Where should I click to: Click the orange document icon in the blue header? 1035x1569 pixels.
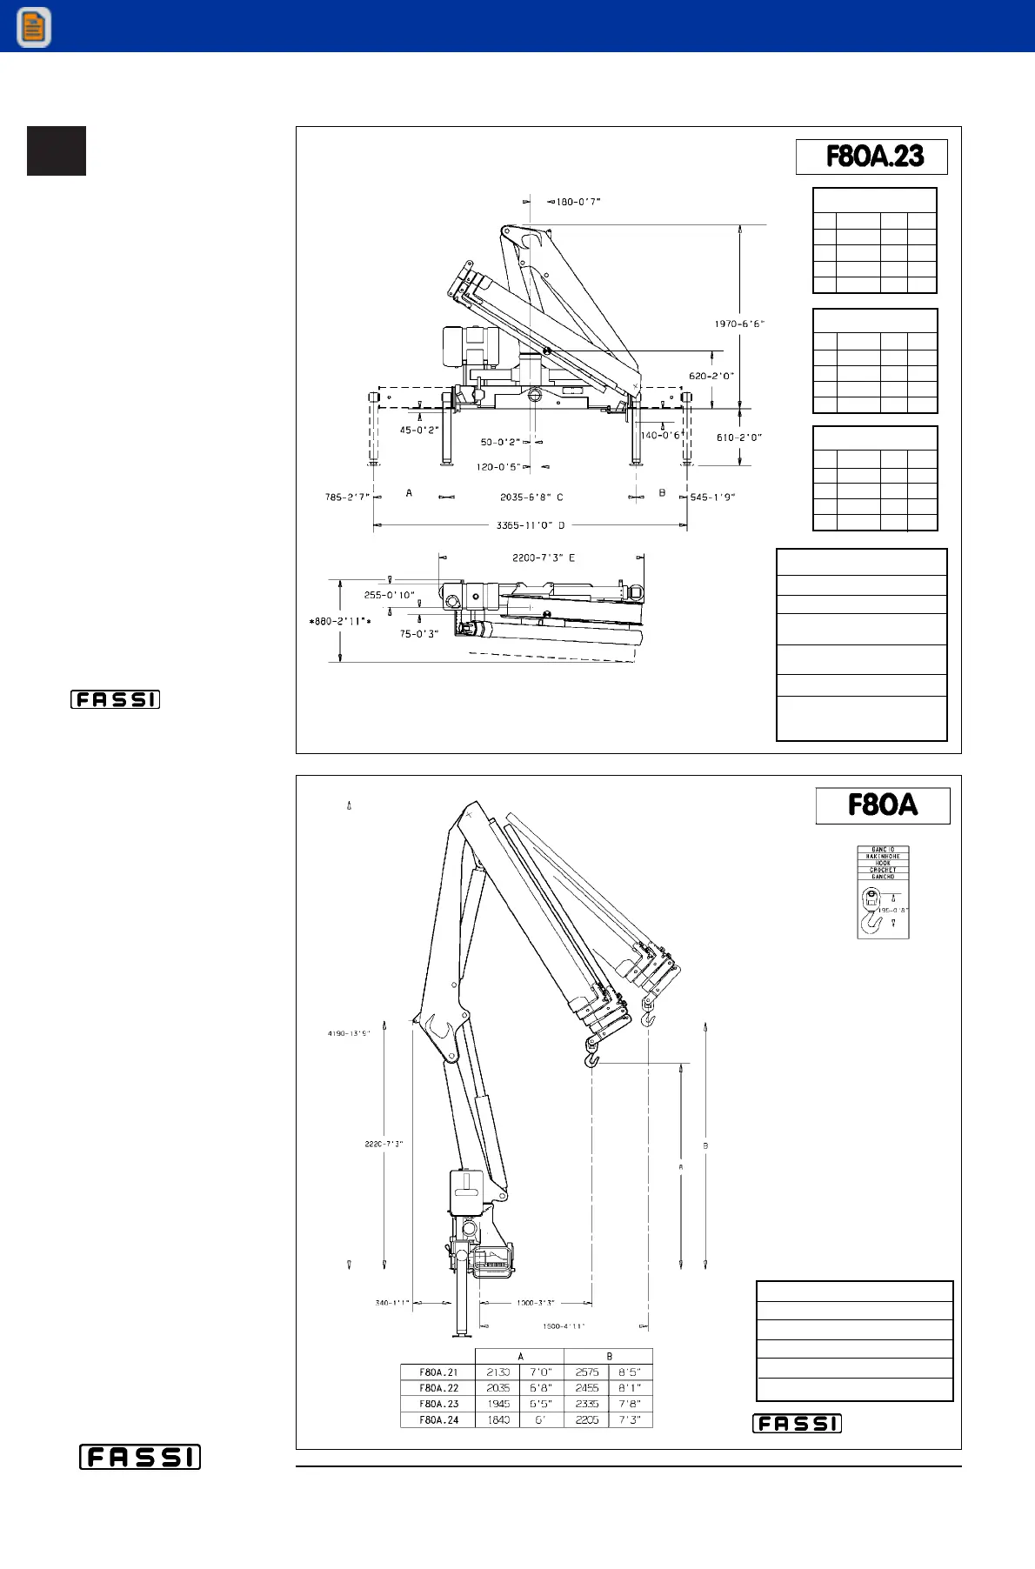pos(33,27)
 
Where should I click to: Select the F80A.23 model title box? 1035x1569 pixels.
pos(871,157)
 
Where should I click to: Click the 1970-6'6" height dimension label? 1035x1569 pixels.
pos(739,324)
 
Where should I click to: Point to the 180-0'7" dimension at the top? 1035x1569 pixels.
pos(578,202)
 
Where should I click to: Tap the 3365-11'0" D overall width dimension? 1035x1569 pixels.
pos(531,525)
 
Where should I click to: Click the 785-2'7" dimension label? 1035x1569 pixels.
pos(347,497)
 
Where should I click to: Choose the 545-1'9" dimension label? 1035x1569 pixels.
pos(712,497)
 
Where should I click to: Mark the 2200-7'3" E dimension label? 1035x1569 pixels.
pos(544,557)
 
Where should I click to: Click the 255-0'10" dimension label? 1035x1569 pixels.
pos(389,595)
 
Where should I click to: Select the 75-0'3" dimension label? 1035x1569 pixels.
pos(418,634)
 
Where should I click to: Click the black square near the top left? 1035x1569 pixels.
pos(57,151)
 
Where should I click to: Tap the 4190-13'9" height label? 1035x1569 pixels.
pos(349,1033)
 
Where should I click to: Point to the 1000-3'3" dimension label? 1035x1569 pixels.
pos(535,1303)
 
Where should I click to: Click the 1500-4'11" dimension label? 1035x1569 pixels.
pos(564,1326)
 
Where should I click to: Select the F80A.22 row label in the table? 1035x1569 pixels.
pos(438,1388)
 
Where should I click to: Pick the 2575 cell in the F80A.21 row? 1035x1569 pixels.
pos(587,1372)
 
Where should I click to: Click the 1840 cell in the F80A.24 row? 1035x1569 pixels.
pos(498,1419)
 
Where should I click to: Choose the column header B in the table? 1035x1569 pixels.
pos(609,1356)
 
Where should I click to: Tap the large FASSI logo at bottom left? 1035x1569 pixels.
pos(140,1457)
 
